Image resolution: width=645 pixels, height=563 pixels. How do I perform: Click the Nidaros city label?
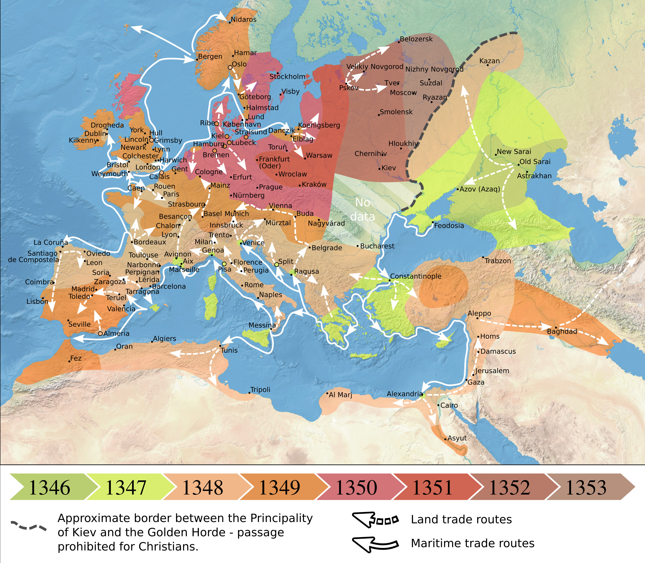[x=243, y=20]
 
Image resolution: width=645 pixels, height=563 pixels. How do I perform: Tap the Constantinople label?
[x=416, y=276]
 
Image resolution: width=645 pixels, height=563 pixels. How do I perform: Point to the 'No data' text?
[x=362, y=210]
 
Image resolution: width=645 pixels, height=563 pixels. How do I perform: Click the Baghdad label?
[x=562, y=332]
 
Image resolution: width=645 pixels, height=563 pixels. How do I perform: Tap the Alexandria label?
[x=404, y=394]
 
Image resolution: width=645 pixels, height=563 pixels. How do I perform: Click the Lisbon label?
[x=37, y=302]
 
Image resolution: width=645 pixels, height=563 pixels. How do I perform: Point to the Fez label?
[x=76, y=358]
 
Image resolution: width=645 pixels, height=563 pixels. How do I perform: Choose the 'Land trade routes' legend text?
[x=461, y=519]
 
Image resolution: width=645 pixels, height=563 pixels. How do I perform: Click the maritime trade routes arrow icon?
[x=375, y=543]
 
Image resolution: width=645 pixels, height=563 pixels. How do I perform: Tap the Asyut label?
[x=457, y=438]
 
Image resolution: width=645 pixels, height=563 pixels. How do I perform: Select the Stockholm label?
[x=287, y=77]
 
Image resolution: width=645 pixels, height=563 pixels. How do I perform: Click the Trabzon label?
[x=497, y=261]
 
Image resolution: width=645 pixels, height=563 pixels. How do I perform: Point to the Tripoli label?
[x=260, y=390]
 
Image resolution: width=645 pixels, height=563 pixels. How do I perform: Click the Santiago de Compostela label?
[x=33, y=256]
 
